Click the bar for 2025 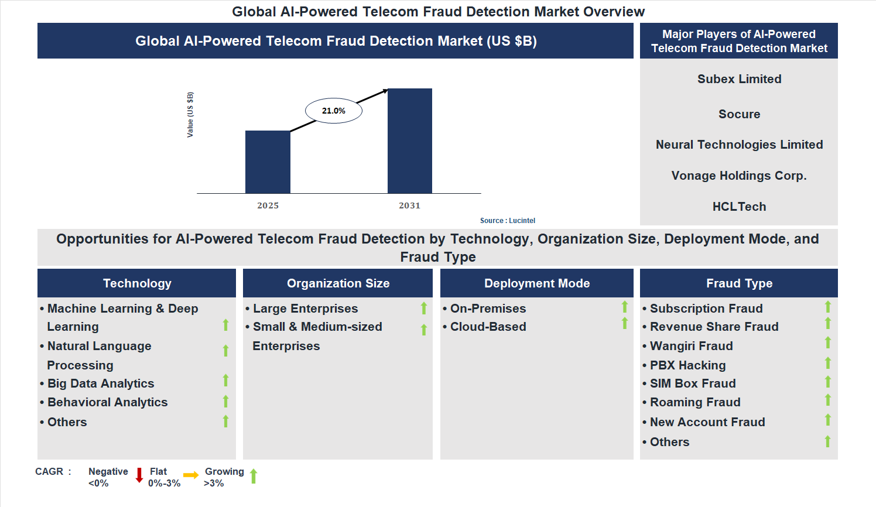tap(268, 162)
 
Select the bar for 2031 tap(410, 141)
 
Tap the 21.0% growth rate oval tap(334, 111)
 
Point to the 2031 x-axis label tap(410, 205)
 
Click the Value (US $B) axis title tap(190, 115)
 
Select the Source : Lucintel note tap(508, 221)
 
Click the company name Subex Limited tap(739, 79)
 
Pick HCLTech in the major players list tap(739, 207)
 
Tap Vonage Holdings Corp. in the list tap(739, 176)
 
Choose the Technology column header tap(137, 283)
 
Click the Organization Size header tap(338, 283)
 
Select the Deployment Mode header tap(537, 283)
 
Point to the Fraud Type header tap(739, 283)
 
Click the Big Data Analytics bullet tap(101, 383)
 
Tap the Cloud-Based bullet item tap(488, 327)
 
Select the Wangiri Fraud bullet tap(691, 346)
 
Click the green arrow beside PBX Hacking tap(828, 364)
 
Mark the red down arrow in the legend tap(139, 475)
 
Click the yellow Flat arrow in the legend tap(191, 475)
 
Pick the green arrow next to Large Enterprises tap(424, 309)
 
